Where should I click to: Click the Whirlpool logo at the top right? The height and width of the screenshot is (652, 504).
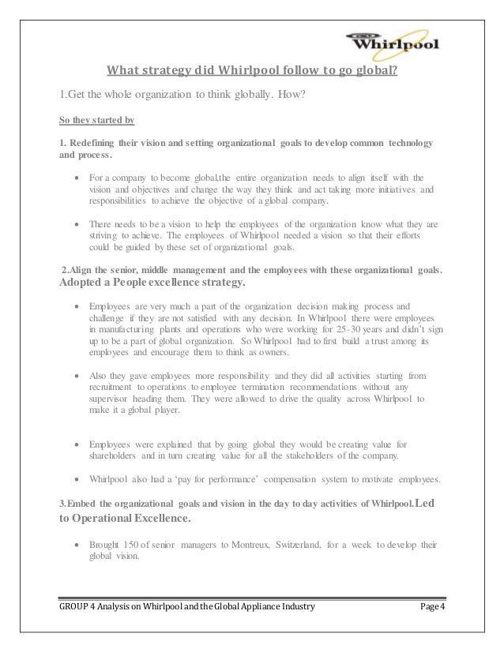pyautogui.click(x=395, y=39)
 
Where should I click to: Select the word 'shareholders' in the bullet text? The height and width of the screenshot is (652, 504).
pyautogui.click(x=111, y=456)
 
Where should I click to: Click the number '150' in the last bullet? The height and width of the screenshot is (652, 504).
pyautogui.click(x=132, y=545)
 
